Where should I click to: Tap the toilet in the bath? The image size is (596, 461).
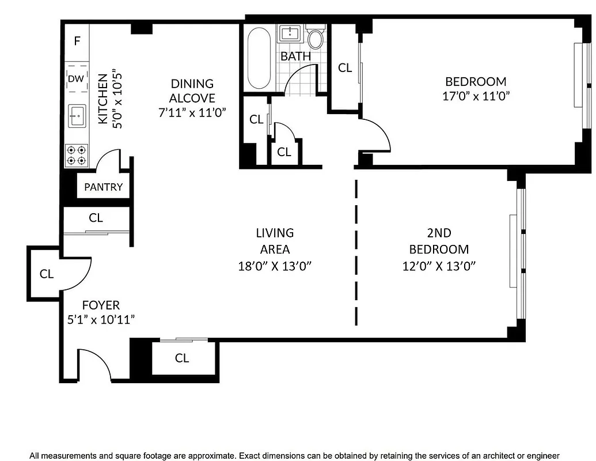pyautogui.click(x=315, y=39)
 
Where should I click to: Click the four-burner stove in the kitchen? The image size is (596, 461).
pyautogui.click(x=77, y=155)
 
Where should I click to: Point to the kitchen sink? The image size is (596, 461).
pyautogui.click(x=77, y=115)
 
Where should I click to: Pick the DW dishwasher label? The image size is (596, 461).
pyautogui.click(x=76, y=79)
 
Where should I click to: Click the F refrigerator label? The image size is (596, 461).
pyautogui.click(x=77, y=41)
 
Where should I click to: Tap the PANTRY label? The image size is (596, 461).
pyautogui.click(x=104, y=187)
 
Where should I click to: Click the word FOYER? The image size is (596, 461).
pyautogui.click(x=101, y=305)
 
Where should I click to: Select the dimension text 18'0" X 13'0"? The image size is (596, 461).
pyautogui.click(x=275, y=266)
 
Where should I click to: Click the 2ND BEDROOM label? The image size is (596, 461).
pyautogui.click(x=439, y=241)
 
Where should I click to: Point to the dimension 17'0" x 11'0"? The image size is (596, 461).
pyautogui.click(x=476, y=96)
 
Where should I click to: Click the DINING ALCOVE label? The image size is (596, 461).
pyautogui.click(x=192, y=91)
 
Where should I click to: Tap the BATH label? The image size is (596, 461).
pyautogui.click(x=295, y=56)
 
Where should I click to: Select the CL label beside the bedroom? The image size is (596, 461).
pyautogui.click(x=345, y=68)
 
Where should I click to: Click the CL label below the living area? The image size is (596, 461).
pyautogui.click(x=182, y=358)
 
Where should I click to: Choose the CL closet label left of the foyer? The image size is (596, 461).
pyautogui.click(x=47, y=274)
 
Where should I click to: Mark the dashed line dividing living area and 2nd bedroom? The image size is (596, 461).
pyautogui.click(x=356, y=254)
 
